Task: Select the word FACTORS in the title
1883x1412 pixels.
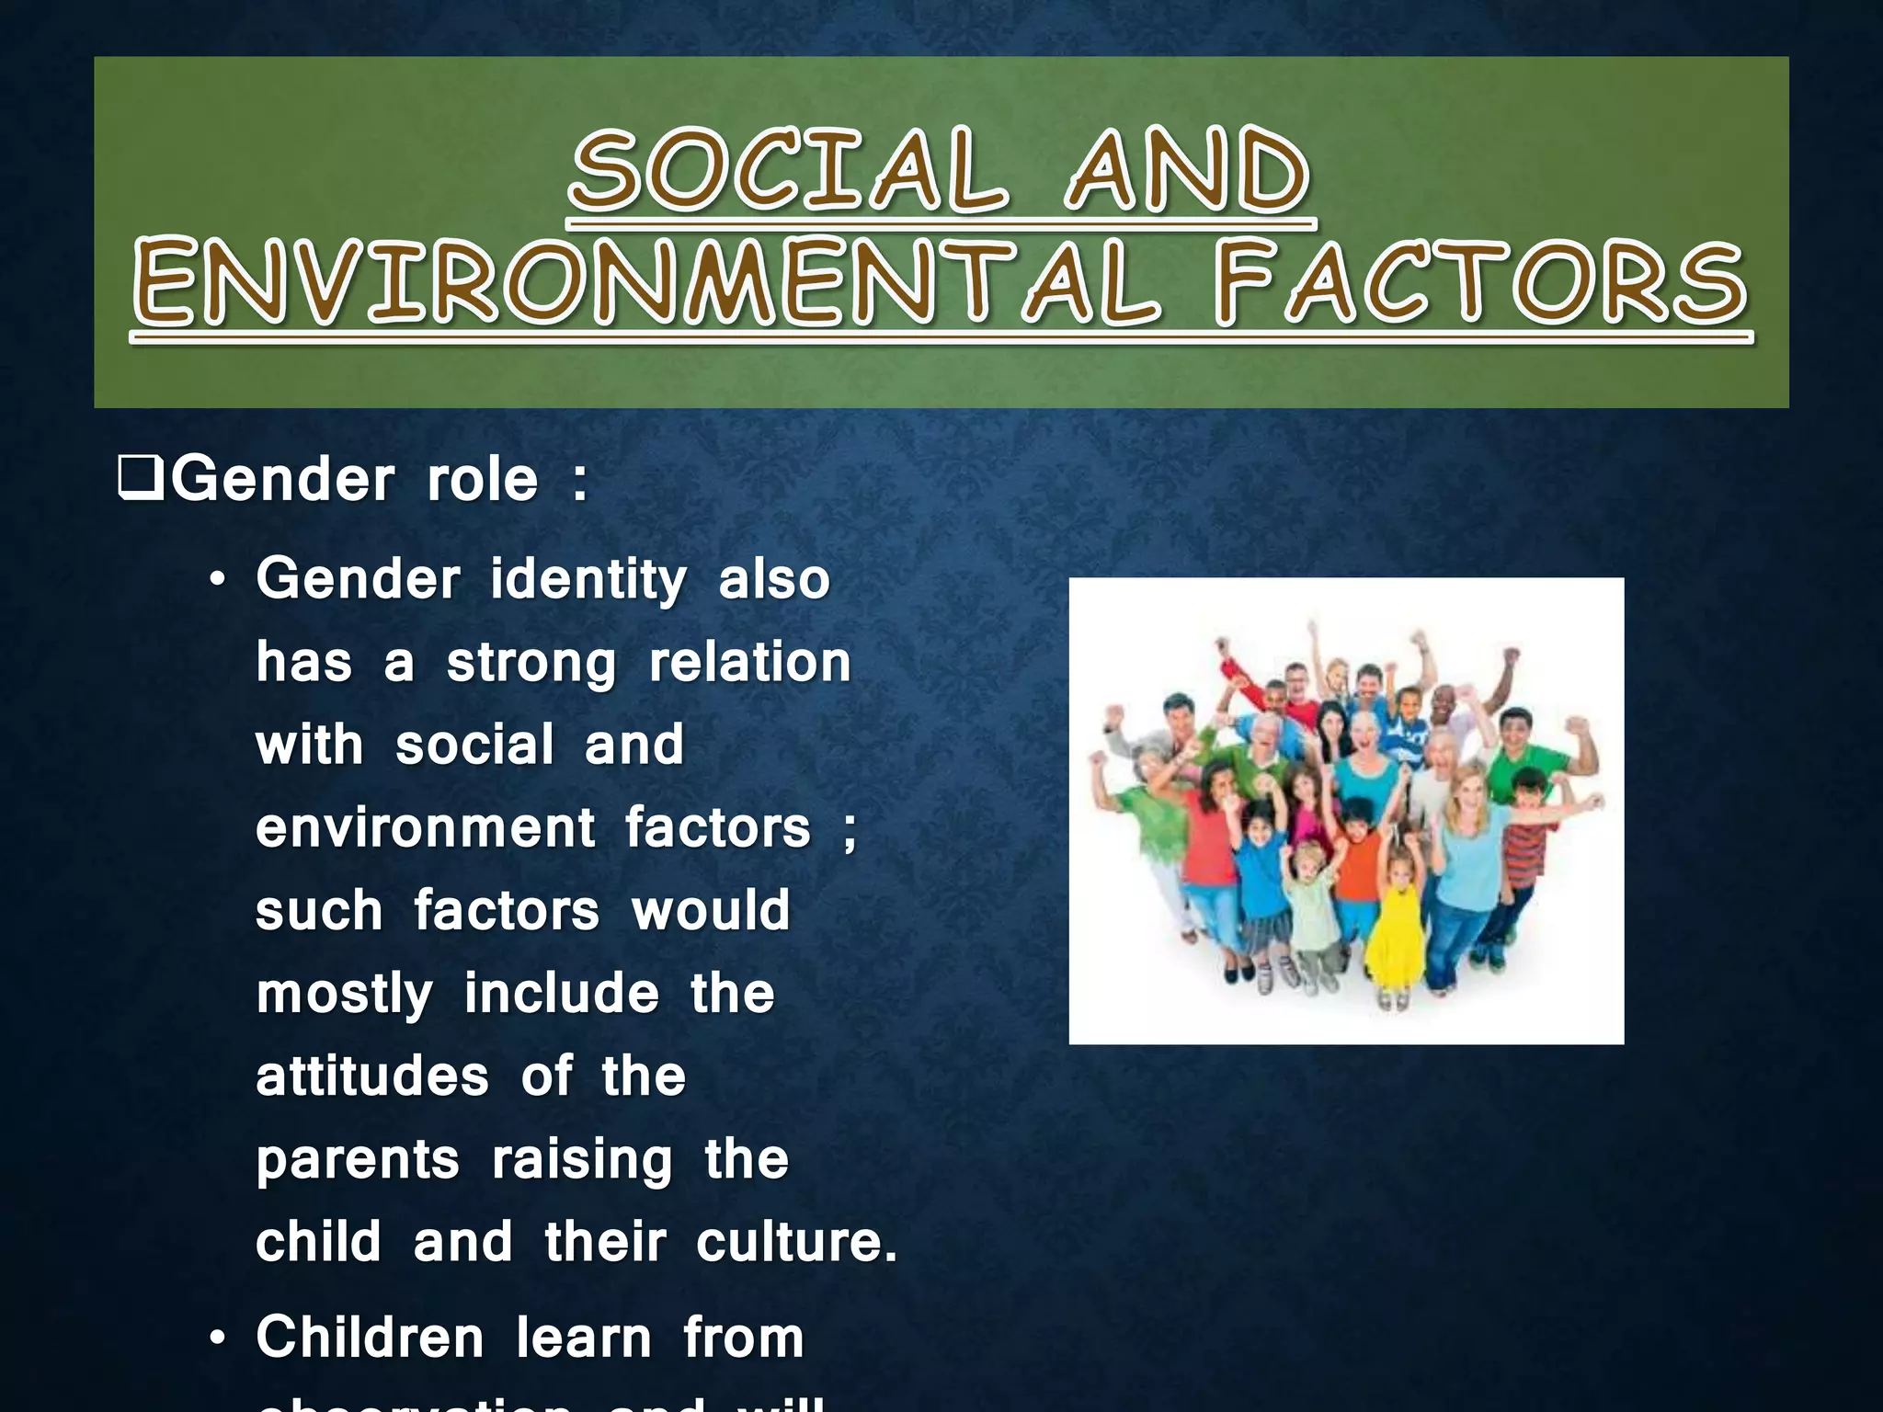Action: pos(1480,283)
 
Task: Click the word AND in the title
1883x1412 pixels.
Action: pos(1188,170)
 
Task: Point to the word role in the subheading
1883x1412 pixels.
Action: pos(482,480)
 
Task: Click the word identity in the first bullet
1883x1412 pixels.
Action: pos(588,581)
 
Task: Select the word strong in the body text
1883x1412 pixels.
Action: pos(531,664)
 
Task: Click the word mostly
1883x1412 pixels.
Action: pos(344,996)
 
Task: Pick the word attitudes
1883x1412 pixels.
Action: pos(372,1076)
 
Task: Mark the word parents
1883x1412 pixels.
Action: pos(358,1161)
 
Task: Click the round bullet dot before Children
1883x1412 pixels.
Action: pos(217,1339)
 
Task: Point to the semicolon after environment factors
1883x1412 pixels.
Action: pos(849,830)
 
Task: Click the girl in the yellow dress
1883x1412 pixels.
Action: pos(1397,928)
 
